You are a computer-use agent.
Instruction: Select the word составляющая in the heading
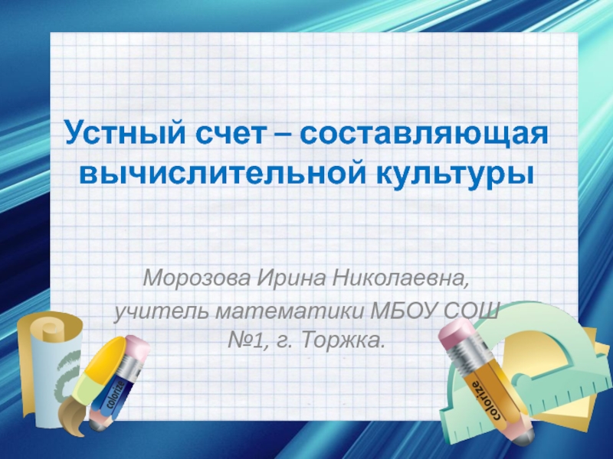pos(425,134)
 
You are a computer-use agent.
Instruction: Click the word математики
pos(288,312)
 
